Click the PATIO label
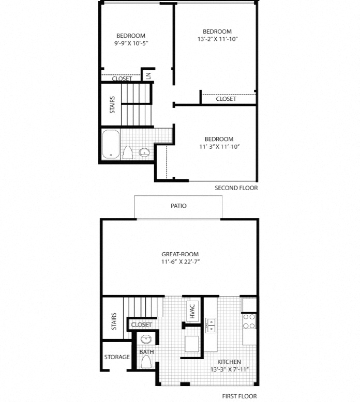pyautogui.click(x=178, y=206)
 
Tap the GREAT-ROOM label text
pyautogui.click(x=180, y=254)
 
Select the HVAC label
pyautogui.click(x=191, y=311)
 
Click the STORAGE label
pyautogui.click(x=117, y=357)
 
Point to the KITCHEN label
pyautogui.click(x=229, y=362)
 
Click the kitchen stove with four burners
pyautogui.click(x=249, y=321)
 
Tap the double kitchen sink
pyautogui.click(x=211, y=324)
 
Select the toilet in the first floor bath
pyautogui.click(x=146, y=361)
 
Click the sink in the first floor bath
pyautogui.click(x=146, y=339)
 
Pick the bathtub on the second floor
pyautogui.click(x=110, y=144)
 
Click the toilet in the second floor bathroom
pyautogui.click(x=128, y=152)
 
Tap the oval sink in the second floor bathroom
pyautogui.click(x=145, y=152)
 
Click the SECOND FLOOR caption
pyautogui.click(x=236, y=188)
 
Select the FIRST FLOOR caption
pyautogui.click(x=240, y=396)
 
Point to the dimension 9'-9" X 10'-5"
pyautogui.click(x=130, y=43)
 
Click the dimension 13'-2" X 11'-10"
pyautogui.click(x=217, y=39)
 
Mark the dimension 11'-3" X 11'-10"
pyautogui.click(x=219, y=146)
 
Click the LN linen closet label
pyautogui.click(x=148, y=76)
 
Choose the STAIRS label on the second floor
pyautogui.click(x=112, y=105)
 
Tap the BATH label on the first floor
pyautogui.click(x=146, y=352)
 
